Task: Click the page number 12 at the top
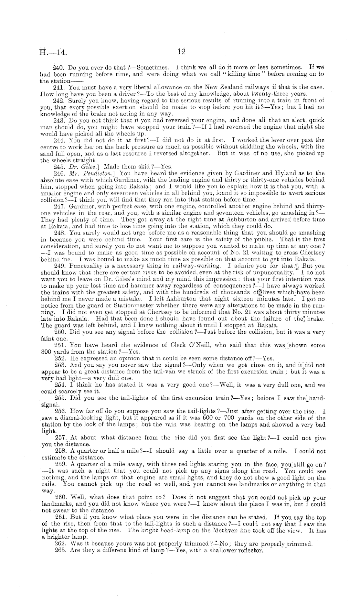coord(180,51)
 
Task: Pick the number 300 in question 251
coord(47,352)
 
